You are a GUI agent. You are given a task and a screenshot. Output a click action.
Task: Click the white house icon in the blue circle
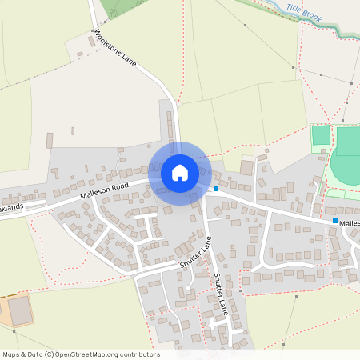tap(179, 172)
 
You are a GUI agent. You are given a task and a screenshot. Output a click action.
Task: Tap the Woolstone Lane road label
tap(116, 49)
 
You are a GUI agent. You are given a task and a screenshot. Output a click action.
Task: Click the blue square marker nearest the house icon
tap(216, 189)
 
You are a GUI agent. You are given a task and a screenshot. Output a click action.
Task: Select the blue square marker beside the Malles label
tap(334, 221)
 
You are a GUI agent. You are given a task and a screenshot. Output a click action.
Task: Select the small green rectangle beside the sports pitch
tap(321, 134)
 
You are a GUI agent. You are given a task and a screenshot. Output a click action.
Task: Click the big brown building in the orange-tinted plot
tap(21, 310)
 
